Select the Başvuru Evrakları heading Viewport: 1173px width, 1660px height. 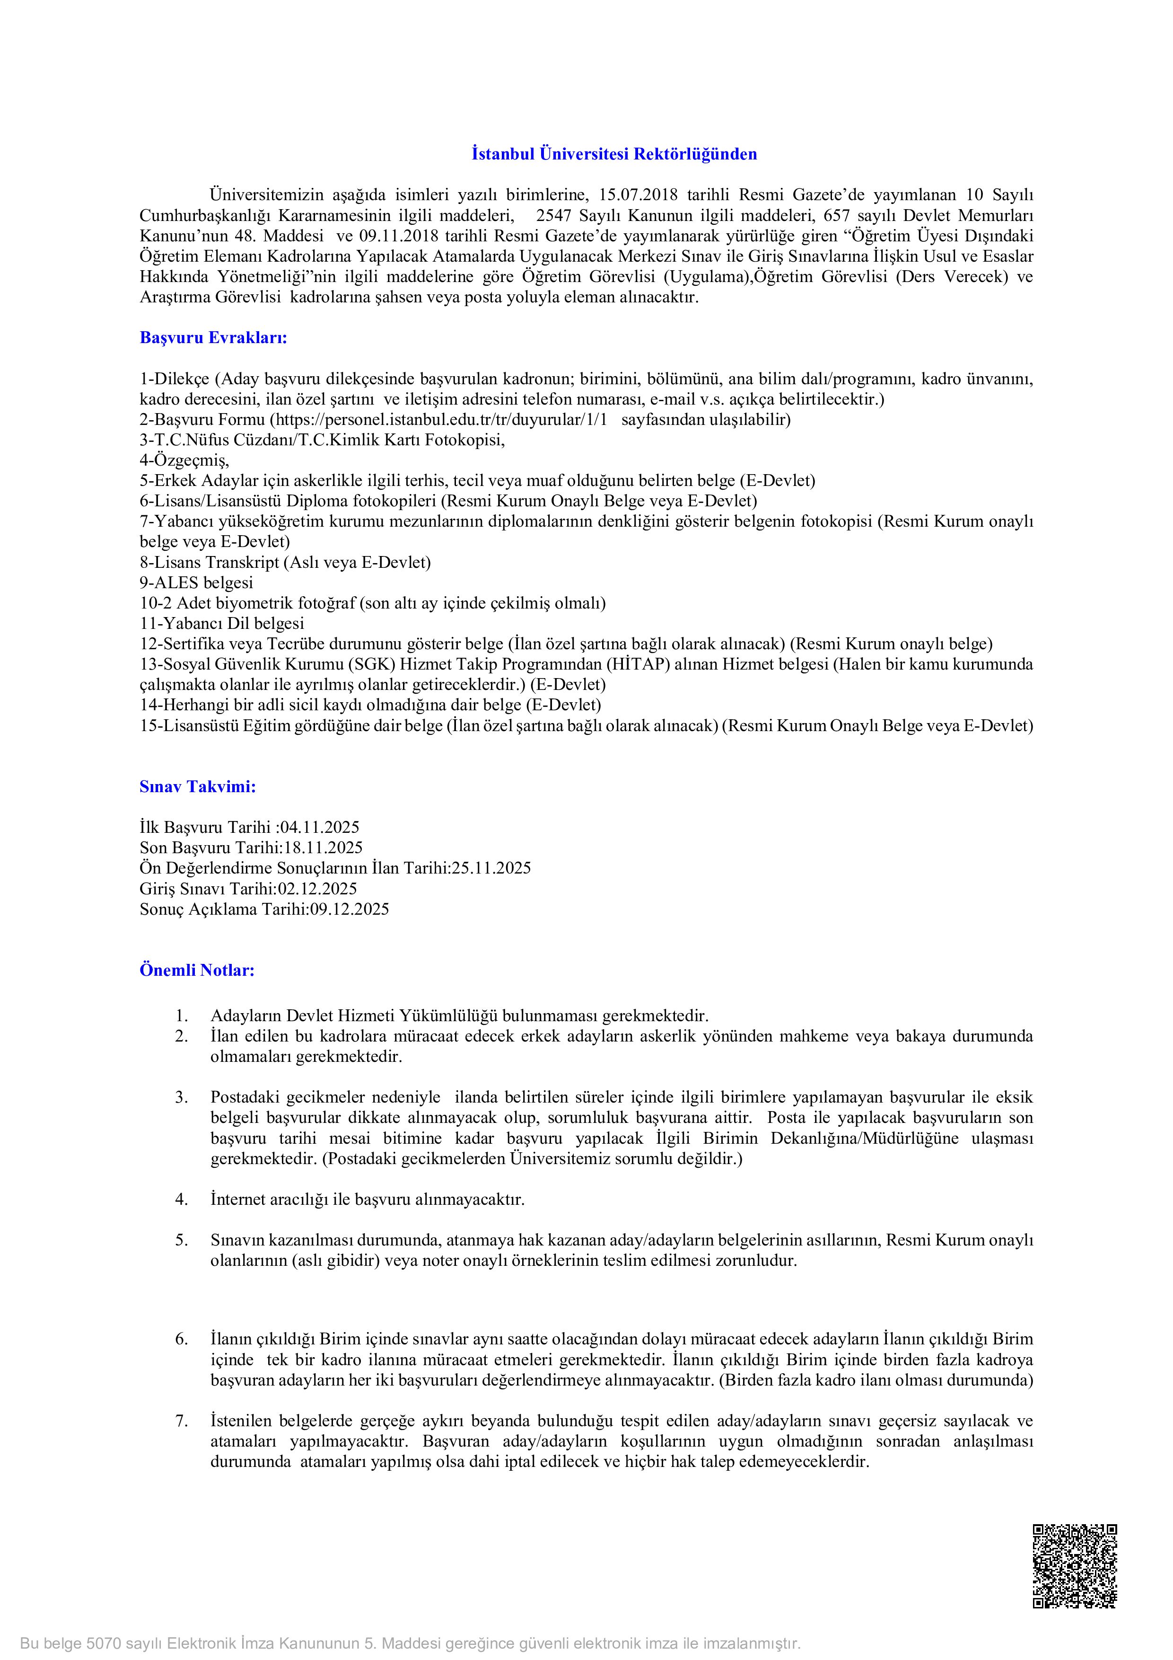[213, 338]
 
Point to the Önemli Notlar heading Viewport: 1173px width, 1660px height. [197, 970]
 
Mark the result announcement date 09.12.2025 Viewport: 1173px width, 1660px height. [350, 909]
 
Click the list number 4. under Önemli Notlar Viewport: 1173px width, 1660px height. [182, 1200]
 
